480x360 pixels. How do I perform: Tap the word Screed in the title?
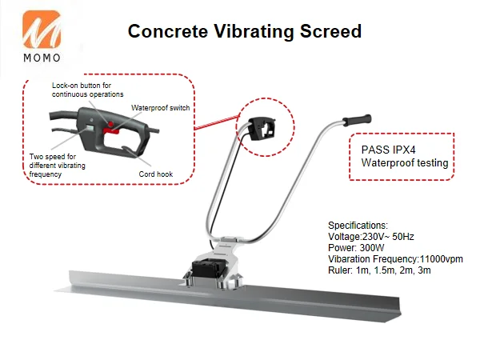tap(332, 32)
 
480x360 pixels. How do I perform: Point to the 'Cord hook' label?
tap(154, 174)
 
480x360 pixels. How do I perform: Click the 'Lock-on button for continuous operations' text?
tap(88, 90)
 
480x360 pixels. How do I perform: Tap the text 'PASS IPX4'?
tap(388, 150)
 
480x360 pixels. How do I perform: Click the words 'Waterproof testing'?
tap(404, 164)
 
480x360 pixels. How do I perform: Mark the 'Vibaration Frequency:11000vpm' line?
tap(395, 259)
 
